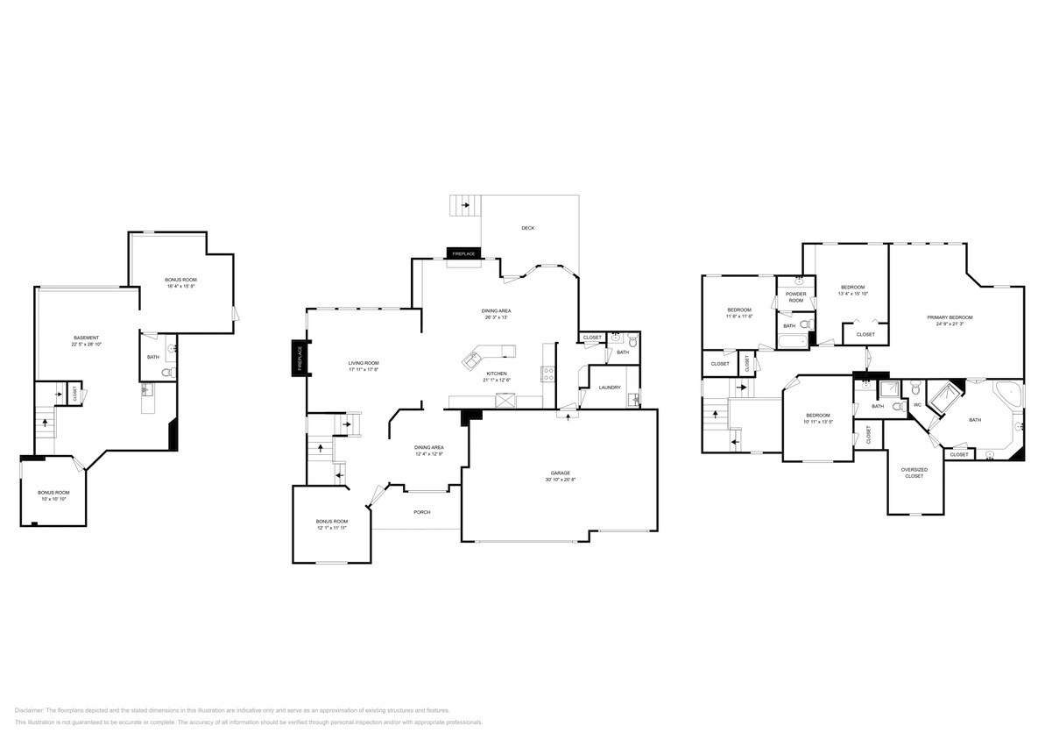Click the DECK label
527,228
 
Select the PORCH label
422,512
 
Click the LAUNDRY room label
610,387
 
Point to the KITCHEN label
496,374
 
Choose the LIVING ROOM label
364,363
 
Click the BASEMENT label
86,338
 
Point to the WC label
917,404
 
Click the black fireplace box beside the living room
299,359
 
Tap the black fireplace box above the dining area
463,253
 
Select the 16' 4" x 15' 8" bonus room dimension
180,286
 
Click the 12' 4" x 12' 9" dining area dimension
428,454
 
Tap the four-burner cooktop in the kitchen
549,373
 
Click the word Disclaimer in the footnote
29,710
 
